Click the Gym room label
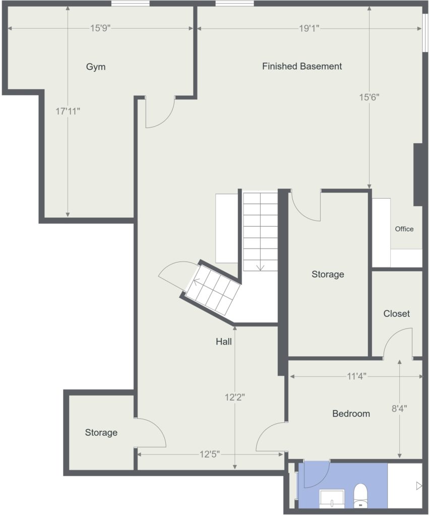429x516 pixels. coord(96,67)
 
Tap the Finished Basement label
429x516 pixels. coord(302,66)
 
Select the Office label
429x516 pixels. coord(404,229)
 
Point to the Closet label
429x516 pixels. coord(396,313)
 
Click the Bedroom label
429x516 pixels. coord(351,413)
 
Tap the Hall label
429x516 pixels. coord(223,342)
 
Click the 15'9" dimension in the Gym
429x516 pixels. coord(100,28)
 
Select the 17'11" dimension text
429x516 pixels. coord(68,111)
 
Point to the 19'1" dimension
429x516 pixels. coord(309,29)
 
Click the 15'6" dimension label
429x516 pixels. coord(369,97)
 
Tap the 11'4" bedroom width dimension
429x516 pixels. coord(356,376)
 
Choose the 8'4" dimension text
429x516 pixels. coord(399,408)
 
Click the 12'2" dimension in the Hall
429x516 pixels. coord(235,397)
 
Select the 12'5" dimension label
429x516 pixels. coord(209,455)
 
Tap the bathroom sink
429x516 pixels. coord(332,498)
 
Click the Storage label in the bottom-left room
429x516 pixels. coord(101,432)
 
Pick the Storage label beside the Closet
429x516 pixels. coord(328,274)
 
